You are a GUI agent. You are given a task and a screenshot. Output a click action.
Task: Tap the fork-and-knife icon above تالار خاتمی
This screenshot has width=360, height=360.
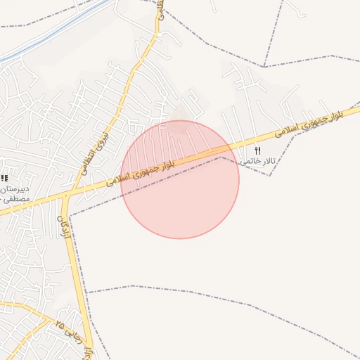(x=258, y=150)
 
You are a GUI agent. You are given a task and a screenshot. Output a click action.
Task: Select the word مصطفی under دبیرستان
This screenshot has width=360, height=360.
(x=13, y=200)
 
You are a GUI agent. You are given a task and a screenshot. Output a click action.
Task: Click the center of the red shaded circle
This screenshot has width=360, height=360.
(x=180, y=179)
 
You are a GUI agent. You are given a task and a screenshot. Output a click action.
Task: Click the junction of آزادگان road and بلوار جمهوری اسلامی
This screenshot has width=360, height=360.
(x=65, y=194)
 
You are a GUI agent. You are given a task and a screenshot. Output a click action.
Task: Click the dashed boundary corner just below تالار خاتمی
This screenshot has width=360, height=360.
(x=269, y=175)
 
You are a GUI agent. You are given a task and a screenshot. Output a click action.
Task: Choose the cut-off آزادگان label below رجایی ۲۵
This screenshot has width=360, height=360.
(x=88, y=352)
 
